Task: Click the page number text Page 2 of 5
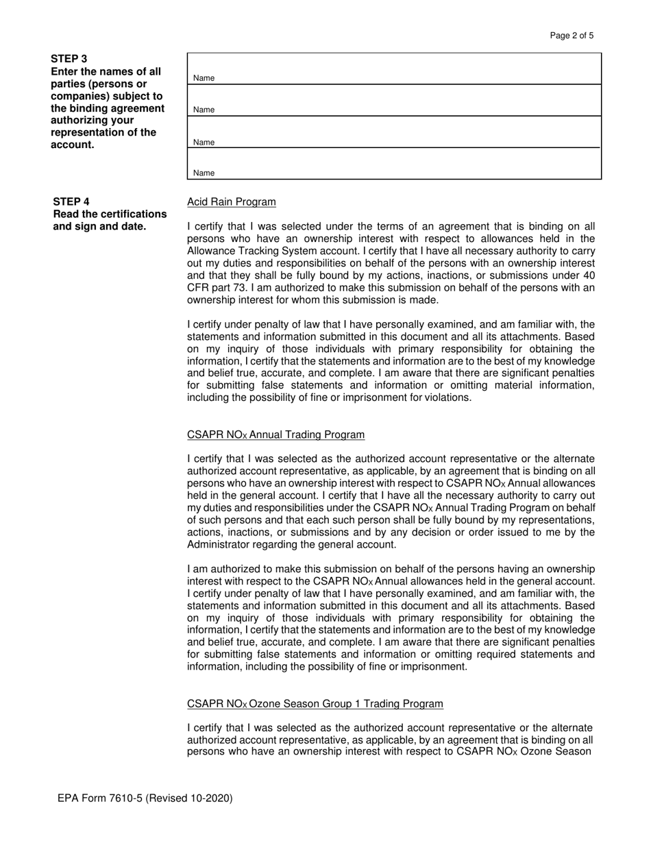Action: coord(572,36)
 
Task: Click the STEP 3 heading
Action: coord(69,59)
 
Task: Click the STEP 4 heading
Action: coord(71,201)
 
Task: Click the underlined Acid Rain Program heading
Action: coord(232,202)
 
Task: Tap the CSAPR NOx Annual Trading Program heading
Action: coord(275,435)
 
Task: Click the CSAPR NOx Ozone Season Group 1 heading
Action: coord(315,704)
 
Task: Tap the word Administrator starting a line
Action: coord(219,545)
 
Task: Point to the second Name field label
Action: coord(204,110)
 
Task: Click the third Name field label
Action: coord(204,143)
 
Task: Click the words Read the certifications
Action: coord(110,214)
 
